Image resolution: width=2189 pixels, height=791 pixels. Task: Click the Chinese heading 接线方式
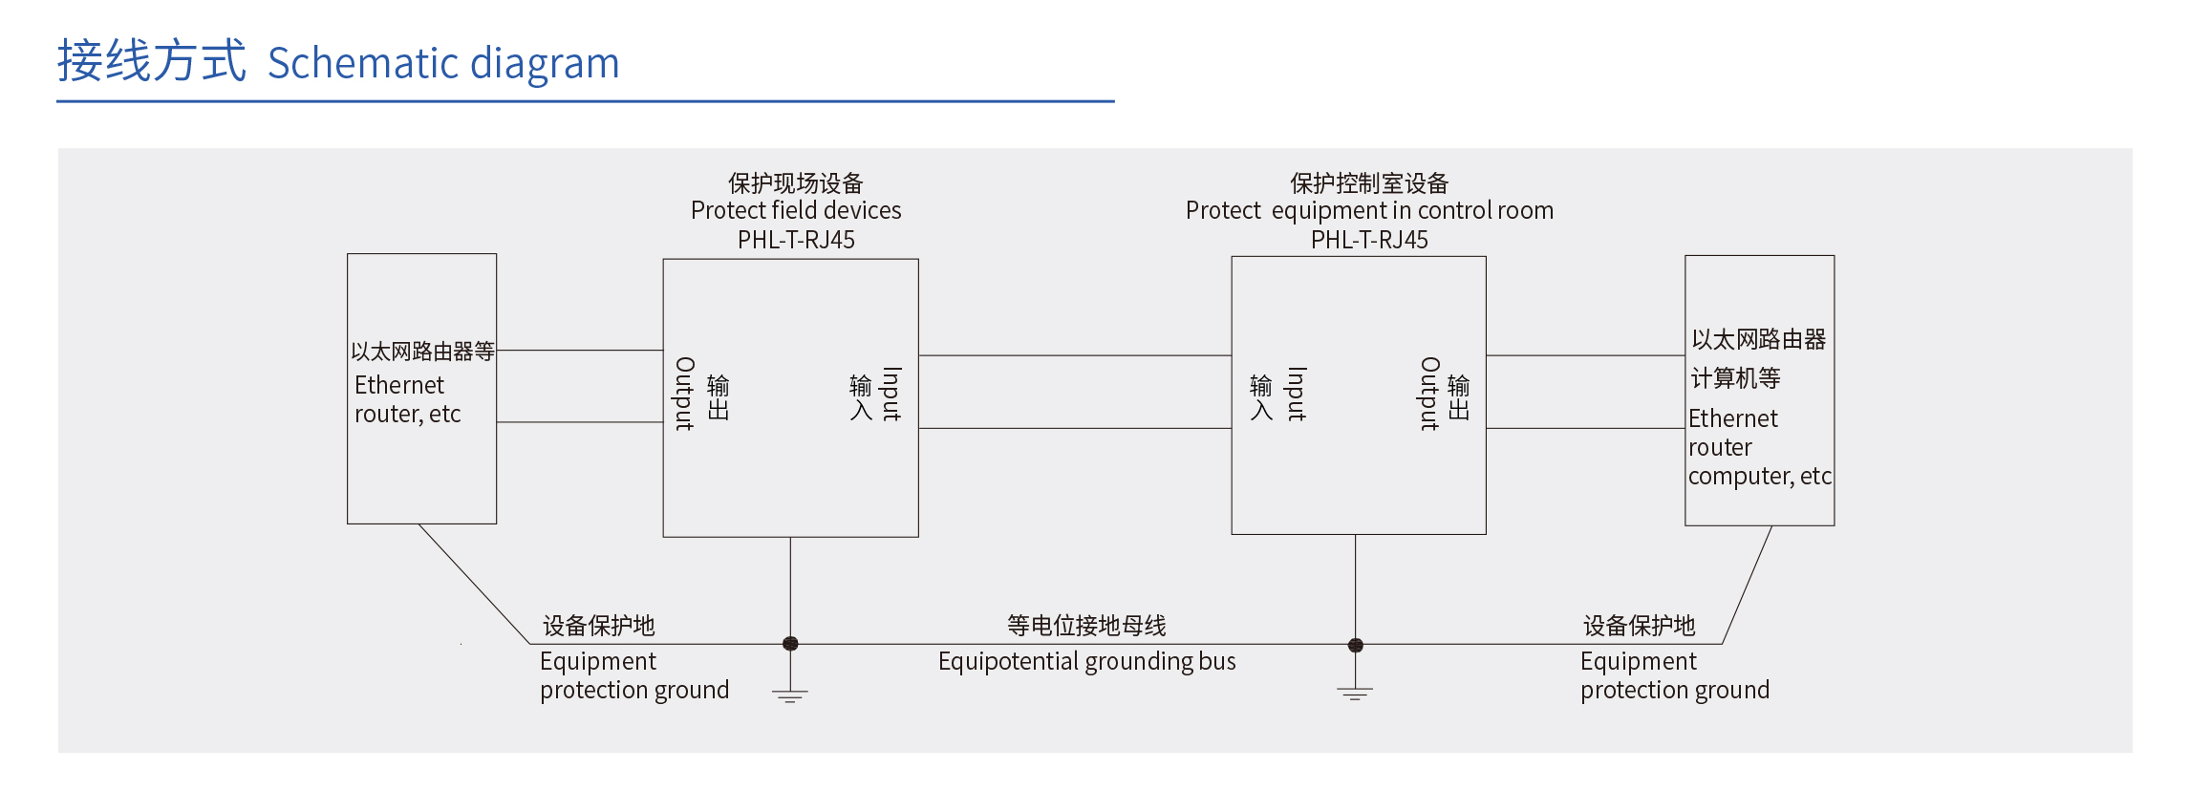151,61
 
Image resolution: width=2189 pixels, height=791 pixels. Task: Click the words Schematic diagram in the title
443,64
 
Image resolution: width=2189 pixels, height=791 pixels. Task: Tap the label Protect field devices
796,210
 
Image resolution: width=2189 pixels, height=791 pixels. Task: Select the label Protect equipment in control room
1369,210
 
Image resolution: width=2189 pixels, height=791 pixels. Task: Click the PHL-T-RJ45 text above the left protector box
796,240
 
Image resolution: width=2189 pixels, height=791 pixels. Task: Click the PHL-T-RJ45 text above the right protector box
1369,240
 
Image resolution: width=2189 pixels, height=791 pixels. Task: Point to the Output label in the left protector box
685,394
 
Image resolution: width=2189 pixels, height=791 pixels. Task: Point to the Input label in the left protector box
891,394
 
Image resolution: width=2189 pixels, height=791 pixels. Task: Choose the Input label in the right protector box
1297,394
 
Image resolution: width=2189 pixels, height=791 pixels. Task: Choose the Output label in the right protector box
1429,394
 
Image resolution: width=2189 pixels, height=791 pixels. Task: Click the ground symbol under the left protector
790,695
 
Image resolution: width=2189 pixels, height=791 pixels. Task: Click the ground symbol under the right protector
1355,694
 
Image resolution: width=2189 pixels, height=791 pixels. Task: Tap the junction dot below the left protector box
790,644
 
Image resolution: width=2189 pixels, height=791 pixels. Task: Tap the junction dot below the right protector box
1355,645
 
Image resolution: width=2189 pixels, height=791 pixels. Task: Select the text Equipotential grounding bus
1086,661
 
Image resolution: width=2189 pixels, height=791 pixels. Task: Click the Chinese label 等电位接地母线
1086,626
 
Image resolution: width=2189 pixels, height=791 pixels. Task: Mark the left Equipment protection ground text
633,675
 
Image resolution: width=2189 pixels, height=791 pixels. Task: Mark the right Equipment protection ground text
1674,675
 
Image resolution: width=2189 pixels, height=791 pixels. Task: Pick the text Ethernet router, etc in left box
407,399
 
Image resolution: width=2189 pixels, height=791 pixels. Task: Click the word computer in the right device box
1738,476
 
